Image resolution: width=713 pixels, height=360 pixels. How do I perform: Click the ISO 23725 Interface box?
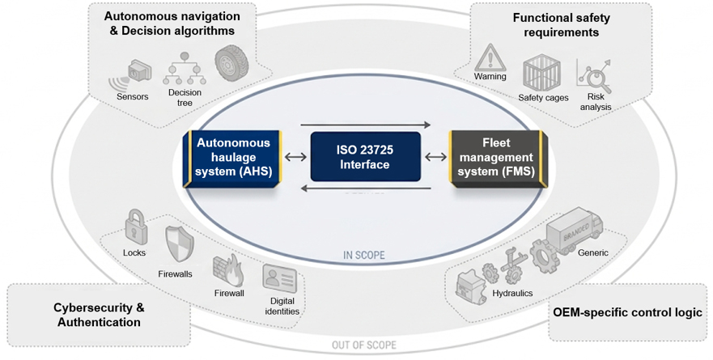click(365, 157)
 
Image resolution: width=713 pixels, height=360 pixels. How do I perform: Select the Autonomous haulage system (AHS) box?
click(233, 158)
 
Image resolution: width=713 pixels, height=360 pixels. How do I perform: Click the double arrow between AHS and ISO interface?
click(296, 157)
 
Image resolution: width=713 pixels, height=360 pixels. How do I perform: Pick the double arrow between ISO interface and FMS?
click(435, 157)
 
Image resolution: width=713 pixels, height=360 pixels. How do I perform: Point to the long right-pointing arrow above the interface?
click(365, 124)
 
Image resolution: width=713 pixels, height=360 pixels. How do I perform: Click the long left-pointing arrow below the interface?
click(366, 188)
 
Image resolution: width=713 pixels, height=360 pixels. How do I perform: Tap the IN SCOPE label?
click(363, 255)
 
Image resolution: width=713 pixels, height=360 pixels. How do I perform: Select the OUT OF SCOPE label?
click(363, 345)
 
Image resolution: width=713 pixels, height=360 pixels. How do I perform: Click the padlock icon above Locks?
click(135, 227)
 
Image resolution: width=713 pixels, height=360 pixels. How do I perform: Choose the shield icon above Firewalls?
click(179, 245)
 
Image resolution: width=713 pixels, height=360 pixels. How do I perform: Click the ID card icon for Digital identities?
click(279, 278)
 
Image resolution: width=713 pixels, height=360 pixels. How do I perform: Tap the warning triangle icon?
click(490, 57)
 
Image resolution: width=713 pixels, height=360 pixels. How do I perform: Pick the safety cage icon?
click(541, 73)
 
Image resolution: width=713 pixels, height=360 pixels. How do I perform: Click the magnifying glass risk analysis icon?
click(594, 75)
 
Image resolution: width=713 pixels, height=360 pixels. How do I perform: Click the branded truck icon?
click(575, 230)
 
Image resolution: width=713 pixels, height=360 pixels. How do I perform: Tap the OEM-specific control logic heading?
click(627, 313)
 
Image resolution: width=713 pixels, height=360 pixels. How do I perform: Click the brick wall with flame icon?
click(228, 271)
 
